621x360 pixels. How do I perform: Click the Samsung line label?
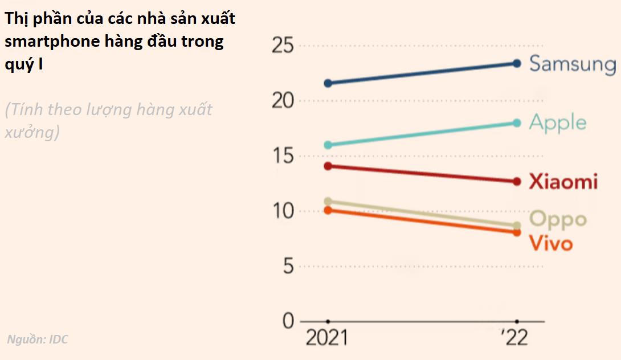point(572,64)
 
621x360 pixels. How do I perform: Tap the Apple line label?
point(557,122)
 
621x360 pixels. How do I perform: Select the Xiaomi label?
point(563,182)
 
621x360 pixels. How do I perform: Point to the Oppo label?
point(558,219)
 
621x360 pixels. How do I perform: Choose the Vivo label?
point(550,243)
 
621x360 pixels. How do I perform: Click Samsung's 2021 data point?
point(328,83)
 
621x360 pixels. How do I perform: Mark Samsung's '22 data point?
point(517,63)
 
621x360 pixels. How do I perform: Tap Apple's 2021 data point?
point(328,145)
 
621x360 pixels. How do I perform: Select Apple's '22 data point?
point(517,122)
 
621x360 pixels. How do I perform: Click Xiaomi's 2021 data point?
point(328,166)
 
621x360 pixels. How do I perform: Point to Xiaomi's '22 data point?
point(517,182)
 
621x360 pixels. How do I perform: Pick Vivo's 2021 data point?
point(328,210)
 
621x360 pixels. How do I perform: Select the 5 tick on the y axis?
point(287,267)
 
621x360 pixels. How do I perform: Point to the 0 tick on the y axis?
point(288,321)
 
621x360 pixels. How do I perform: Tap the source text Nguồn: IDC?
point(38,340)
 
